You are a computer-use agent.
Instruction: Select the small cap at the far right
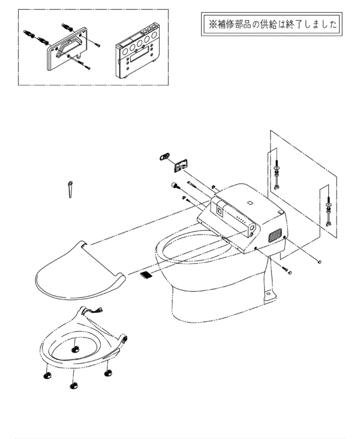[x=320, y=261]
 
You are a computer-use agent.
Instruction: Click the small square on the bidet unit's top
[x=250, y=203]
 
